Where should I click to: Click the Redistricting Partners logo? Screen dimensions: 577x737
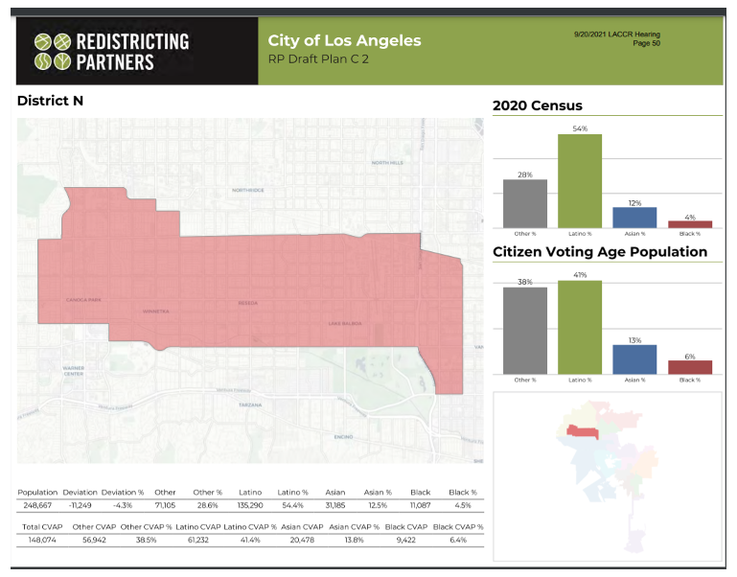111,52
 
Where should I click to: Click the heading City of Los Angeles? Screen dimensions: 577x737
344,40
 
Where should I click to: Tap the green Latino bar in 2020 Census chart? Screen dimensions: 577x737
580,180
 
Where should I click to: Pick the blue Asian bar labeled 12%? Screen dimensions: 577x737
634,217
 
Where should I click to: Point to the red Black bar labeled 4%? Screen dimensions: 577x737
690,223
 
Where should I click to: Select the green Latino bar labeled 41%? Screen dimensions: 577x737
580,326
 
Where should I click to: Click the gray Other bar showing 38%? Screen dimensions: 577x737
525,330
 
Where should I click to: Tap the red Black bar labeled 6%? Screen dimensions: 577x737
690,366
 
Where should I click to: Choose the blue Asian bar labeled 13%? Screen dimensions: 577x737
634,358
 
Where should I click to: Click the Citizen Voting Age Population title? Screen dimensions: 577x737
600,252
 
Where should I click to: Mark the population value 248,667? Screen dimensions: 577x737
38,505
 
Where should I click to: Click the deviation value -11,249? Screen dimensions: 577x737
81,505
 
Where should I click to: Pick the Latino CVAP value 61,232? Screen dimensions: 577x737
198,541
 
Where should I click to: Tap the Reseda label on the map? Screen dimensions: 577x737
248,304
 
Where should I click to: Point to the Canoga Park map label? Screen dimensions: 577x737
83,300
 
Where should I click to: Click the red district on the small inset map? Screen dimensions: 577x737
583,431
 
